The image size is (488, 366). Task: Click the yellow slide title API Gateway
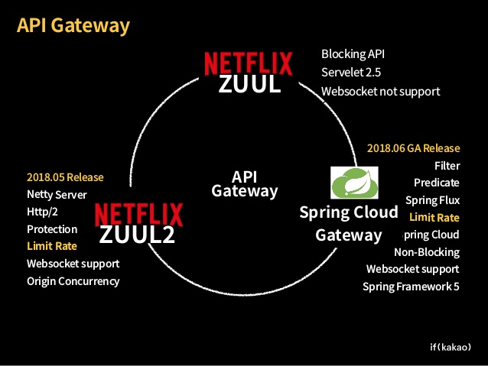click(x=73, y=26)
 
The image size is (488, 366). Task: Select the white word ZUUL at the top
click(x=249, y=84)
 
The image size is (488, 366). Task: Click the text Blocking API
click(x=353, y=54)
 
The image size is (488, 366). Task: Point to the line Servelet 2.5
click(x=351, y=73)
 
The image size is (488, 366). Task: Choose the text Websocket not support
click(x=380, y=91)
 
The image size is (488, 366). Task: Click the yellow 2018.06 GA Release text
click(x=413, y=147)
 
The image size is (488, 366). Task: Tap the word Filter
click(x=447, y=165)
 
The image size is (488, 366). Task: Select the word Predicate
click(x=436, y=183)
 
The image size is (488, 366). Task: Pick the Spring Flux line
click(x=432, y=200)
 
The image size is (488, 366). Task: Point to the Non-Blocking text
click(x=426, y=252)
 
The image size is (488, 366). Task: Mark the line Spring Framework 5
click(x=411, y=287)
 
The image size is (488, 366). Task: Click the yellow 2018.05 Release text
click(x=65, y=177)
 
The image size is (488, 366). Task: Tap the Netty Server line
click(x=57, y=195)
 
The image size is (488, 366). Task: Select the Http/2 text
click(x=42, y=212)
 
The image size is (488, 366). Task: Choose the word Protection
click(x=52, y=229)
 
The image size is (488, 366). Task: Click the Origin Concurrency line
click(x=73, y=280)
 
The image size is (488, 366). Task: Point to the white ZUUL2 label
click(x=137, y=234)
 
